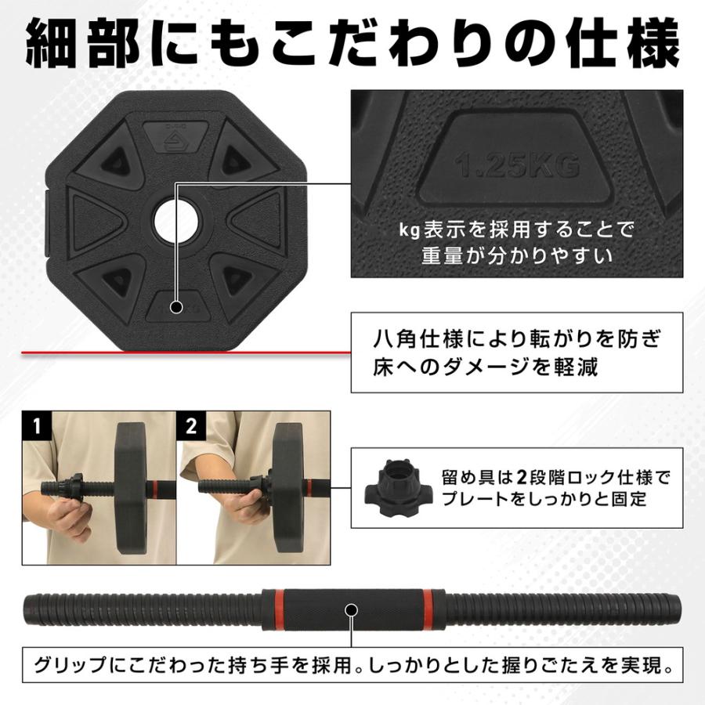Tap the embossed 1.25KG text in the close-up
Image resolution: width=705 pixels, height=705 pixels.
coord(517,165)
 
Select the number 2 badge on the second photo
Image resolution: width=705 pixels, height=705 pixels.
coord(191,426)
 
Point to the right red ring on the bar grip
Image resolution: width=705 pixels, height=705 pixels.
coord(428,609)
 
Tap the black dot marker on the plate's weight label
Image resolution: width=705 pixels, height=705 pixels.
coord(175,307)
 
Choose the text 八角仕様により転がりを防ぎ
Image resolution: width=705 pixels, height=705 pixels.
coord(518,342)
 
